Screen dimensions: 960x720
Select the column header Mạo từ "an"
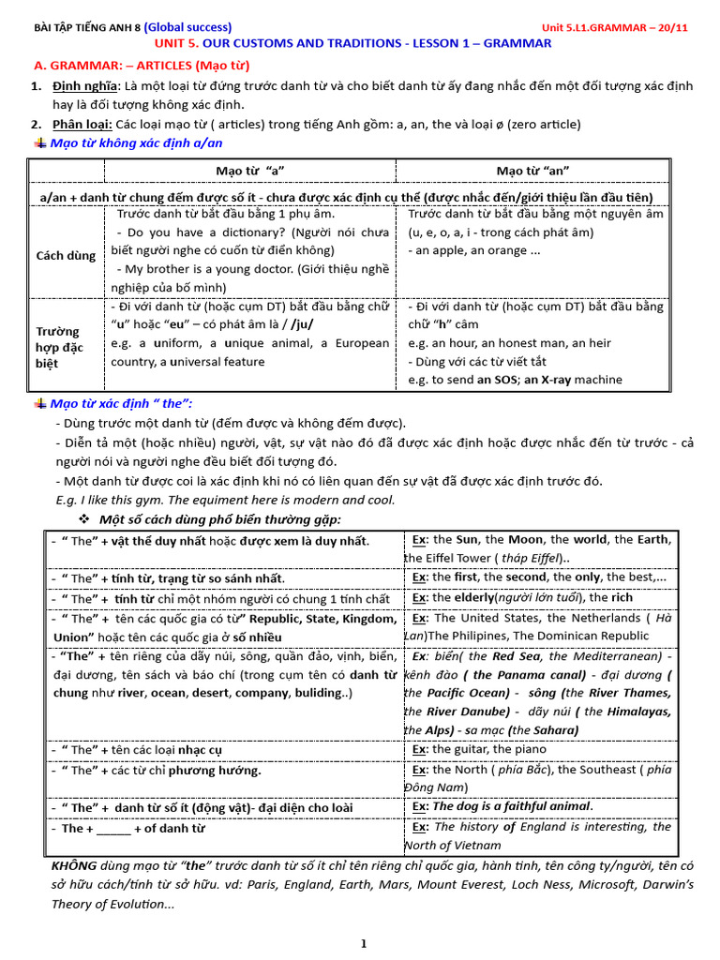point(533,170)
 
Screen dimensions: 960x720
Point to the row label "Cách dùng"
point(66,255)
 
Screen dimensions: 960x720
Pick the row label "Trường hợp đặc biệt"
point(60,347)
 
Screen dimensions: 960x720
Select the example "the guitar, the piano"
point(486,749)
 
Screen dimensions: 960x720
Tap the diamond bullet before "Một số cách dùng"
point(83,519)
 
